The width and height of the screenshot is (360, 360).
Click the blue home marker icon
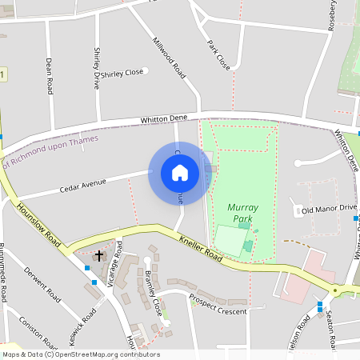click(x=180, y=173)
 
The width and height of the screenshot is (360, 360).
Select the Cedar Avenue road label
click(x=83, y=186)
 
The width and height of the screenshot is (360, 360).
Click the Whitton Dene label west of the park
click(x=164, y=119)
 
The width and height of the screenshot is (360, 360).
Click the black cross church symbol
click(x=100, y=256)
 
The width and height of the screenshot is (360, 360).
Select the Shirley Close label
click(x=122, y=73)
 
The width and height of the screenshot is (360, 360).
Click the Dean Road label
click(x=50, y=72)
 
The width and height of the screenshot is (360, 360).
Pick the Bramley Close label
click(x=154, y=293)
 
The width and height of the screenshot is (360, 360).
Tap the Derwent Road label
click(x=43, y=285)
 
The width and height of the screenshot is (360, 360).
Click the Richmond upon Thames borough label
click(x=56, y=151)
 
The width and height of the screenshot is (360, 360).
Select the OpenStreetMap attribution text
click(x=81, y=354)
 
